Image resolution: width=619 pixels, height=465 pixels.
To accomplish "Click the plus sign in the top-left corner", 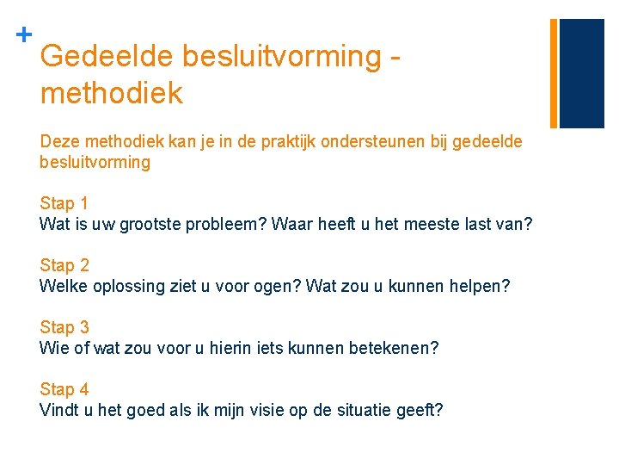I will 24,35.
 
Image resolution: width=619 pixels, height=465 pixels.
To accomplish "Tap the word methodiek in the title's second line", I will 112,93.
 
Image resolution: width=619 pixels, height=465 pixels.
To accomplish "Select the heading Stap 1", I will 64,204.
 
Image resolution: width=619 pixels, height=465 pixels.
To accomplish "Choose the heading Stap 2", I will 64,266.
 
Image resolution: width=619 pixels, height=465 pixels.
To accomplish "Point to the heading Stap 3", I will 64,328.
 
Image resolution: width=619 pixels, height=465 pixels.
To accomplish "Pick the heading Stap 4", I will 64,390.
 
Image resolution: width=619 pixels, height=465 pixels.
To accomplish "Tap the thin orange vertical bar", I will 554,72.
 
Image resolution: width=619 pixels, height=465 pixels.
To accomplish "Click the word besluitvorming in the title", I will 274,56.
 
